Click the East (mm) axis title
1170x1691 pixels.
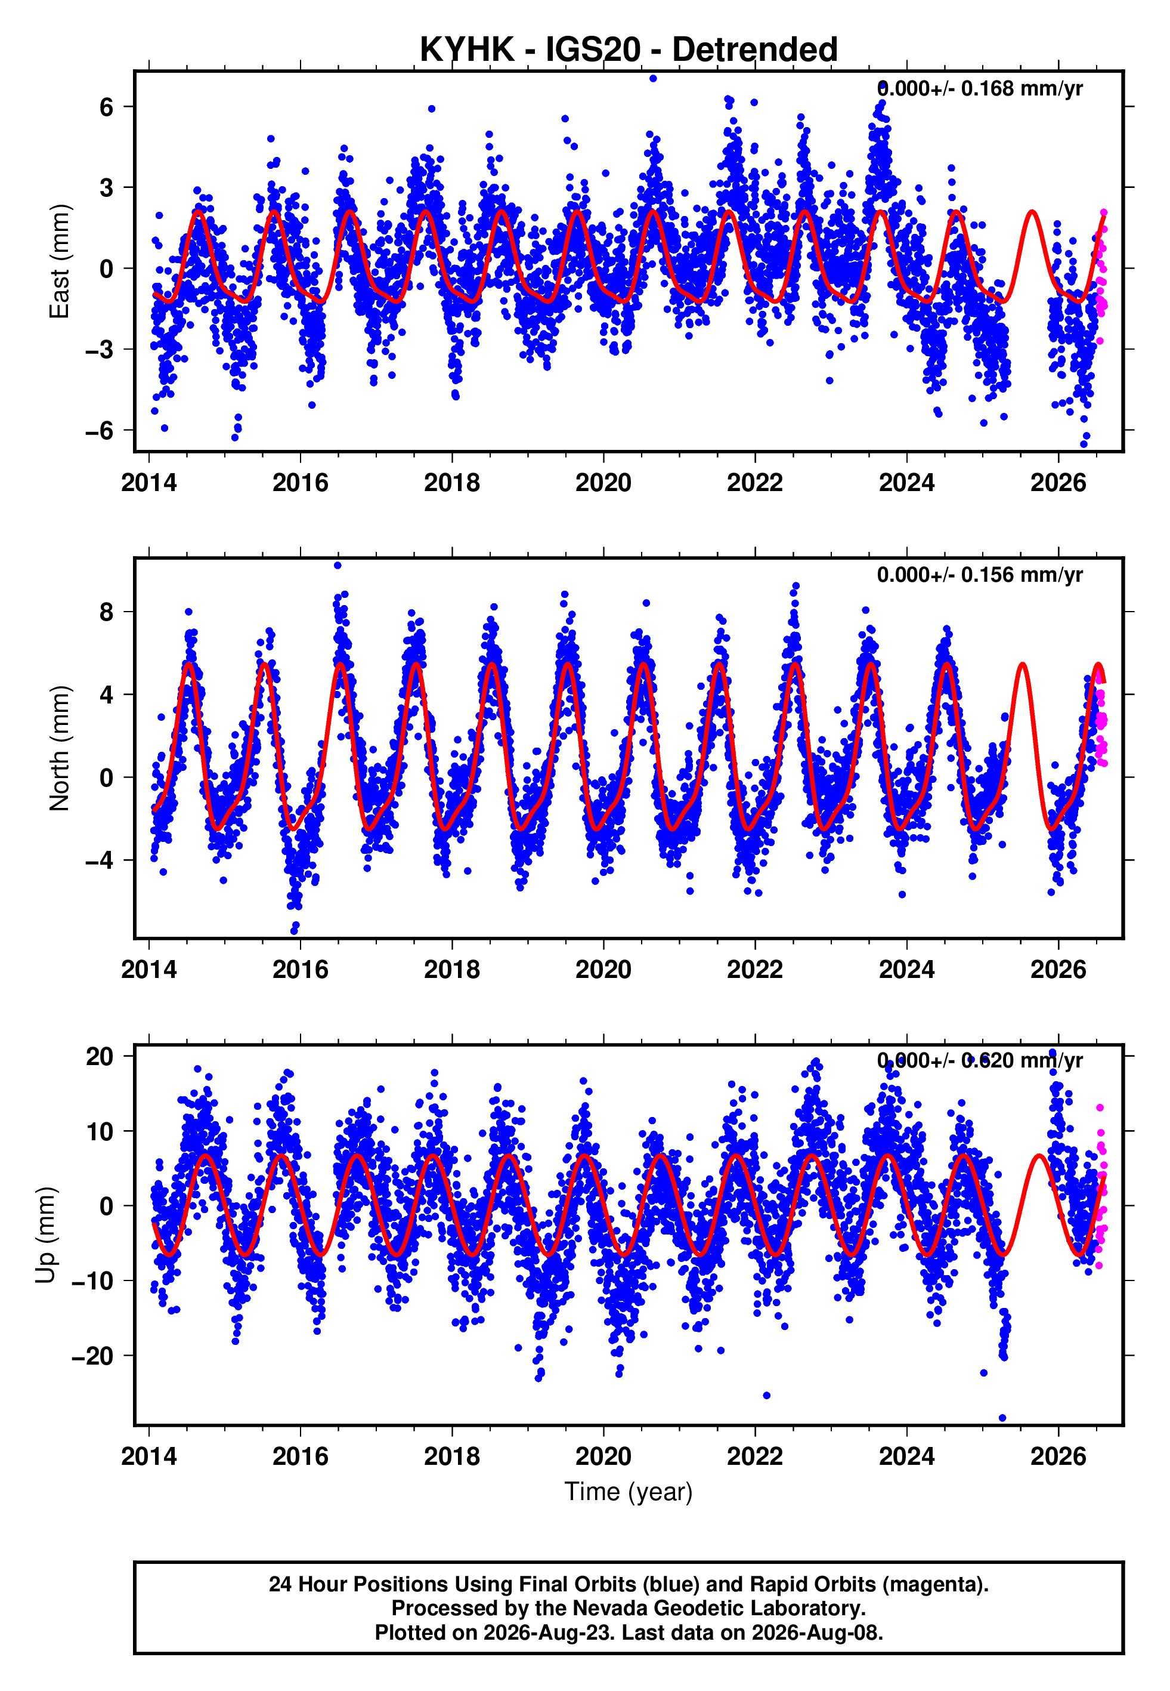click(60, 262)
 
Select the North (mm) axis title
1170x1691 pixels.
click(60, 748)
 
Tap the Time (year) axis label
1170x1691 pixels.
click(629, 1492)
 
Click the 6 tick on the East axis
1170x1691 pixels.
click(106, 107)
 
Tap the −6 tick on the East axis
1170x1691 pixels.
click(99, 430)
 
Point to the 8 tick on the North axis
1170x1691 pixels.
click(106, 612)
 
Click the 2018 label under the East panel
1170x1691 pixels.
click(451, 483)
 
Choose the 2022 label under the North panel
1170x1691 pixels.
click(755, 970)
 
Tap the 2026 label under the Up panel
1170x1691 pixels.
click(1058, 1457)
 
